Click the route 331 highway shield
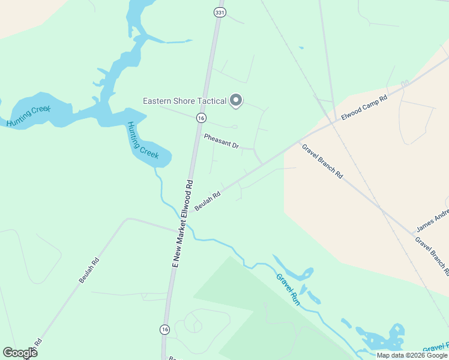219,13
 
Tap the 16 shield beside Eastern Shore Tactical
202,118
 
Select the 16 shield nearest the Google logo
164,329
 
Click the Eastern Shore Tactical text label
184,101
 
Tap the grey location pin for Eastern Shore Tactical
236,101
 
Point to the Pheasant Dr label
221,142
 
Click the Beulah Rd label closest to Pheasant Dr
208,201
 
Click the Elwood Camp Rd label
364,106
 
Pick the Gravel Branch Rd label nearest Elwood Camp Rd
322,161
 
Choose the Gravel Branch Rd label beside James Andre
432,254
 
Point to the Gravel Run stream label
288,289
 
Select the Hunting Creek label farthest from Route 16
29,115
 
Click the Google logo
20,353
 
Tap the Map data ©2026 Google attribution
412,355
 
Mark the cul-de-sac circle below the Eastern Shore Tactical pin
234,127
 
